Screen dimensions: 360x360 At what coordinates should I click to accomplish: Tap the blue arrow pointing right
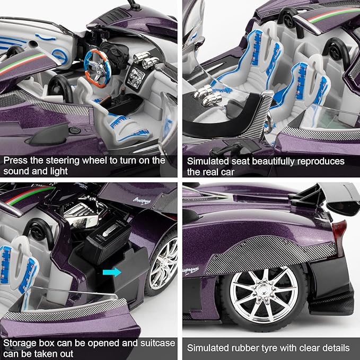point(111,272)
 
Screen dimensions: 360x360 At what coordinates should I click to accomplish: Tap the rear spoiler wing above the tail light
point(330,198)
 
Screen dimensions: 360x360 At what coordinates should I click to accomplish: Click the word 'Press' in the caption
point(16,160)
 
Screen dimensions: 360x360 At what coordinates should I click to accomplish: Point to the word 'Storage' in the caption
point(20,343)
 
